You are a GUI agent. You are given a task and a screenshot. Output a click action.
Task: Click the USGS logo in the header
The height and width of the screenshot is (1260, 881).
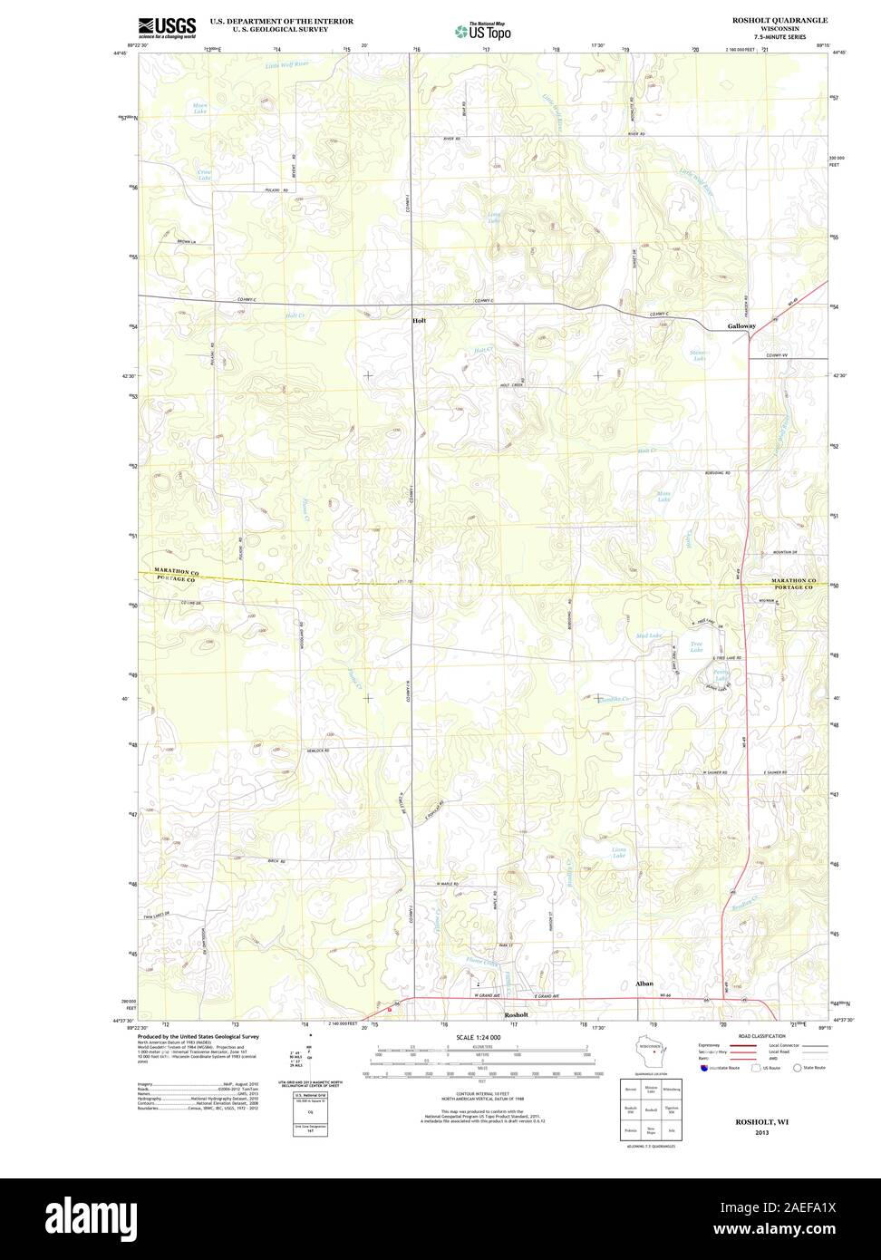point(167,27)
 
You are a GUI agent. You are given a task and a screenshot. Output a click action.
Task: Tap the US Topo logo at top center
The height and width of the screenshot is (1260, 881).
point(483,31)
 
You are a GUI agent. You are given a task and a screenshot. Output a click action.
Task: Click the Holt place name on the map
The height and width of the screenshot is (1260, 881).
point(419,321)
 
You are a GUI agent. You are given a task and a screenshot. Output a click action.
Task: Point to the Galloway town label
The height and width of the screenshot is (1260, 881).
point(741,326)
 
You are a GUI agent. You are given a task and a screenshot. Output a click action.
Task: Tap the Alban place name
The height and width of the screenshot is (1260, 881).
point(644,984)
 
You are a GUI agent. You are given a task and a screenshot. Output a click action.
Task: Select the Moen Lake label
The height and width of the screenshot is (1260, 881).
point(199,108)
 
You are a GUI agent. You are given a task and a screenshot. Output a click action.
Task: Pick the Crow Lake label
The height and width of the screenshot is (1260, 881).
point(204,174)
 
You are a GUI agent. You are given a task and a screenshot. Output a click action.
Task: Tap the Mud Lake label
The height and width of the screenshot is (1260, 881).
point(649,635)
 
